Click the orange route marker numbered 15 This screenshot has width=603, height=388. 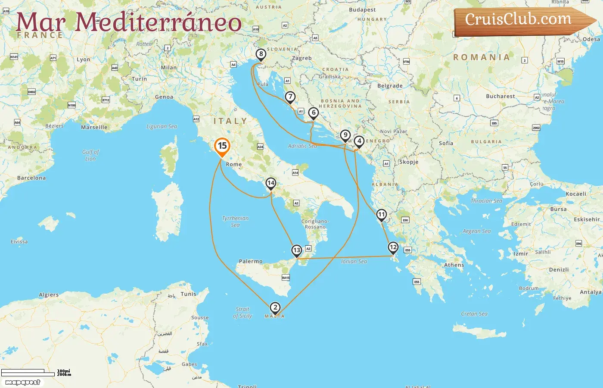(x=222, y=146)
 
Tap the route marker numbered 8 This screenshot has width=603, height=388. (x=261, y=54)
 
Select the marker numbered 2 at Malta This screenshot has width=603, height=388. (x=275, y=308)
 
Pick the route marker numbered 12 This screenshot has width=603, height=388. (x=393, y=247)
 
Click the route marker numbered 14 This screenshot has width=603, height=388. (x=270, y=183)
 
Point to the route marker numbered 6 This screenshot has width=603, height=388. (x=314, y=113)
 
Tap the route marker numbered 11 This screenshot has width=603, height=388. (x=381, y=215)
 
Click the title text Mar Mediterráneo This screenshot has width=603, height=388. (x=128, y=22)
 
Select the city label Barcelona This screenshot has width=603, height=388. (x=31, y=178)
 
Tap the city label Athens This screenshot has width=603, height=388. (x=454, y=265)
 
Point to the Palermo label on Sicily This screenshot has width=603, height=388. (x=251, y=261)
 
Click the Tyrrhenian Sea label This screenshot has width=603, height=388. (x=235, y=221)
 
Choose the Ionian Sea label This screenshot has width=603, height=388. (x=354, y=261)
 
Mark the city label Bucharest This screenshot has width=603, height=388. (x=500, y=96)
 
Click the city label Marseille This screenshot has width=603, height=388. (x=94, y=127)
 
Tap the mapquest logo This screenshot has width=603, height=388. (x=23, y=382)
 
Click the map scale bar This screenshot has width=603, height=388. (x=28, y=372)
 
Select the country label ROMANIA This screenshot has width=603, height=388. (x=481, y=57)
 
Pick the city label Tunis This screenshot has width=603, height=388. (x=188, y=294)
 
